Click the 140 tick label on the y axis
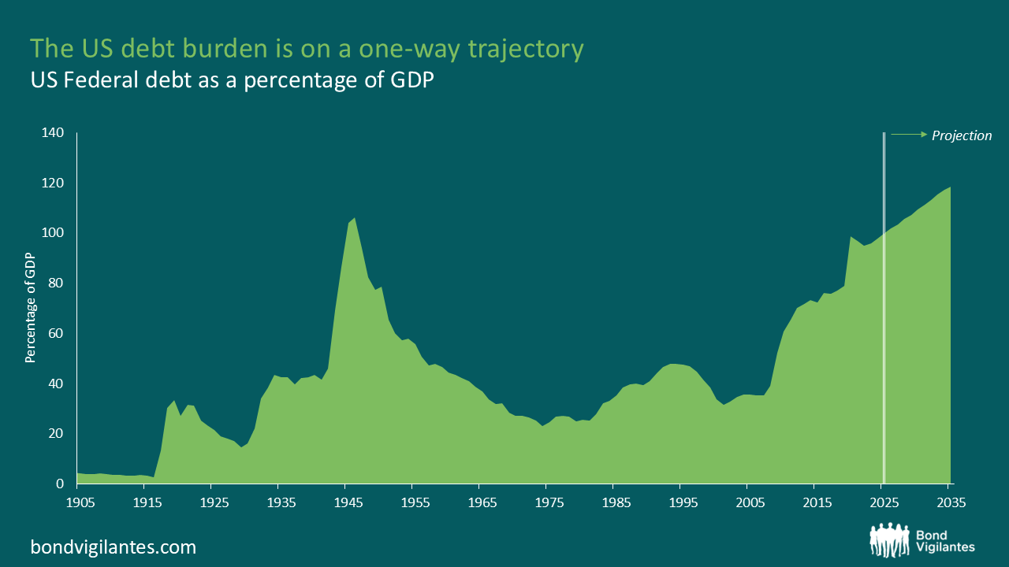(x=52, y=133)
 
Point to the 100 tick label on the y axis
(x=52, y=233)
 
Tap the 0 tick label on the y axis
(x=59, y=484)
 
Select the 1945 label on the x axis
(x=346, y=502)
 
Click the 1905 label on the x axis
(x=77, y=502)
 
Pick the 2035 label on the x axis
(x=951, y=502)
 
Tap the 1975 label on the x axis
(x=548, y=502)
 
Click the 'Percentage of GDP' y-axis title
(x=31, y=308)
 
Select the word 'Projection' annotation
(x=962, y=135)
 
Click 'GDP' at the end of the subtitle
(x=412, y=80)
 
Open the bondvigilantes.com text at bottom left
(x=114, y=547)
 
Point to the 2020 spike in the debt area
(x=851, y=238)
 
